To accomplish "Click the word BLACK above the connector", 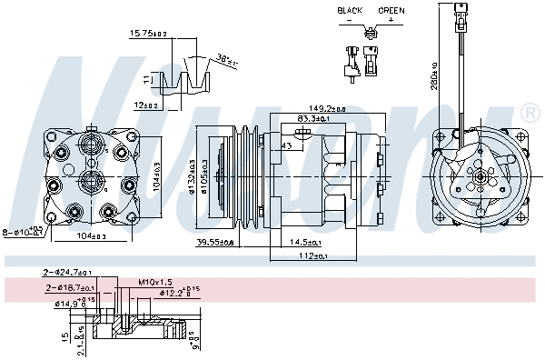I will [350, 10].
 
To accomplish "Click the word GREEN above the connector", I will [391, 10].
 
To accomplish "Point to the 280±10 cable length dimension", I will [435, 83].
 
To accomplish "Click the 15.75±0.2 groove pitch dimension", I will [149, 34].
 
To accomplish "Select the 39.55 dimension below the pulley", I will [215, 243].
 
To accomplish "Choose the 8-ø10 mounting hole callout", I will [25, 232].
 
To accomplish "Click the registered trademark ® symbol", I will [530, 113].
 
